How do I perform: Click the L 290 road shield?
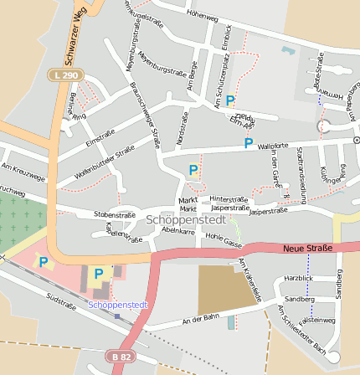tap(72, 74)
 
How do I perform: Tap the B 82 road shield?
tap(121, 357)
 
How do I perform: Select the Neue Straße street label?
tap(307, 248)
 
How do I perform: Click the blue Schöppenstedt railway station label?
tap(118, 305)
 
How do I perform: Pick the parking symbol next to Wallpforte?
tap(248, 143)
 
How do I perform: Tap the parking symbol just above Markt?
tap(193, 170)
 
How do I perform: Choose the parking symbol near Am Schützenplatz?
tap(230, 100)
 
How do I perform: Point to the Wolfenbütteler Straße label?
tap(105, 161)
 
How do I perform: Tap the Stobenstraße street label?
tap(115, 215)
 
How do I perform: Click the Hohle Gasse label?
tap(224, 240)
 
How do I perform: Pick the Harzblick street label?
tap(299, 277)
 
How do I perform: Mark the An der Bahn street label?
tap(200, 319)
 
